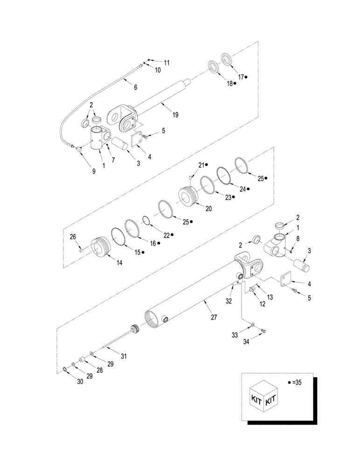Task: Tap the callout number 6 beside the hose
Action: (135, 87)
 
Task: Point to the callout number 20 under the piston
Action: (208, 209)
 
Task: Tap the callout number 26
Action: (73, 237)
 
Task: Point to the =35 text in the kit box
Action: (295, 382)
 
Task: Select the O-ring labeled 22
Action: (146, 219)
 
